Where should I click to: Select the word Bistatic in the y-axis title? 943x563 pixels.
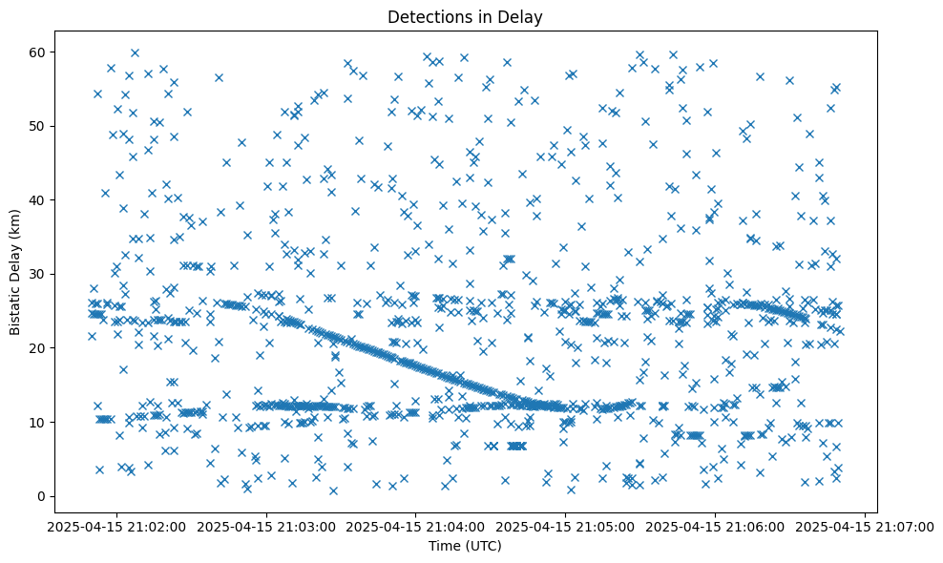coord(16,305)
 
